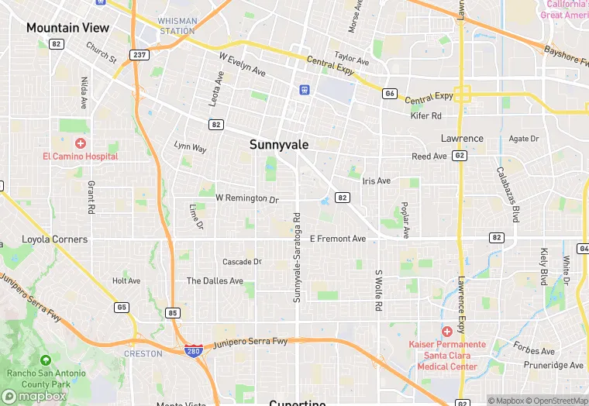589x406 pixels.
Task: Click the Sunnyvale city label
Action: (x=279, y=145)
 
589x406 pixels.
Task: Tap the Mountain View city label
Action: (x=67, y=28)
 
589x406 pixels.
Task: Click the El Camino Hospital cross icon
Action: (x=81, y=143)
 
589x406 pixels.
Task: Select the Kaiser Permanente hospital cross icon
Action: (x=447, y=332)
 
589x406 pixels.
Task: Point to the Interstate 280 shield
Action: (x=194, y=351)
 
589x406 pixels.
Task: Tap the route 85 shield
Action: (x=172, y=313)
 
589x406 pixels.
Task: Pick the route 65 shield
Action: (x=122, y=307)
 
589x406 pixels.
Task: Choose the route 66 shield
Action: (x=389, y=94)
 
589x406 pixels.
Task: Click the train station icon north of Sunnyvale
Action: (x=305, y=90)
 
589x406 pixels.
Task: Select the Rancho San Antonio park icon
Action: (x=45, y=360)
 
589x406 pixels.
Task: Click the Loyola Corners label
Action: (x=54, y=239)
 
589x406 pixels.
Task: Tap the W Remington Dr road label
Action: (x=246, y=199)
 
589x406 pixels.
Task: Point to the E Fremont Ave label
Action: (x=337, y=239)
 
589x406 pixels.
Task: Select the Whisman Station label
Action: (x=176, y=26)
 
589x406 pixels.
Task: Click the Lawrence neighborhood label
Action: (x=462, y=139)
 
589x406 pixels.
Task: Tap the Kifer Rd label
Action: (x=425, y=115)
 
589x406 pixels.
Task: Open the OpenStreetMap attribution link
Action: (x=556, y=401)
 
